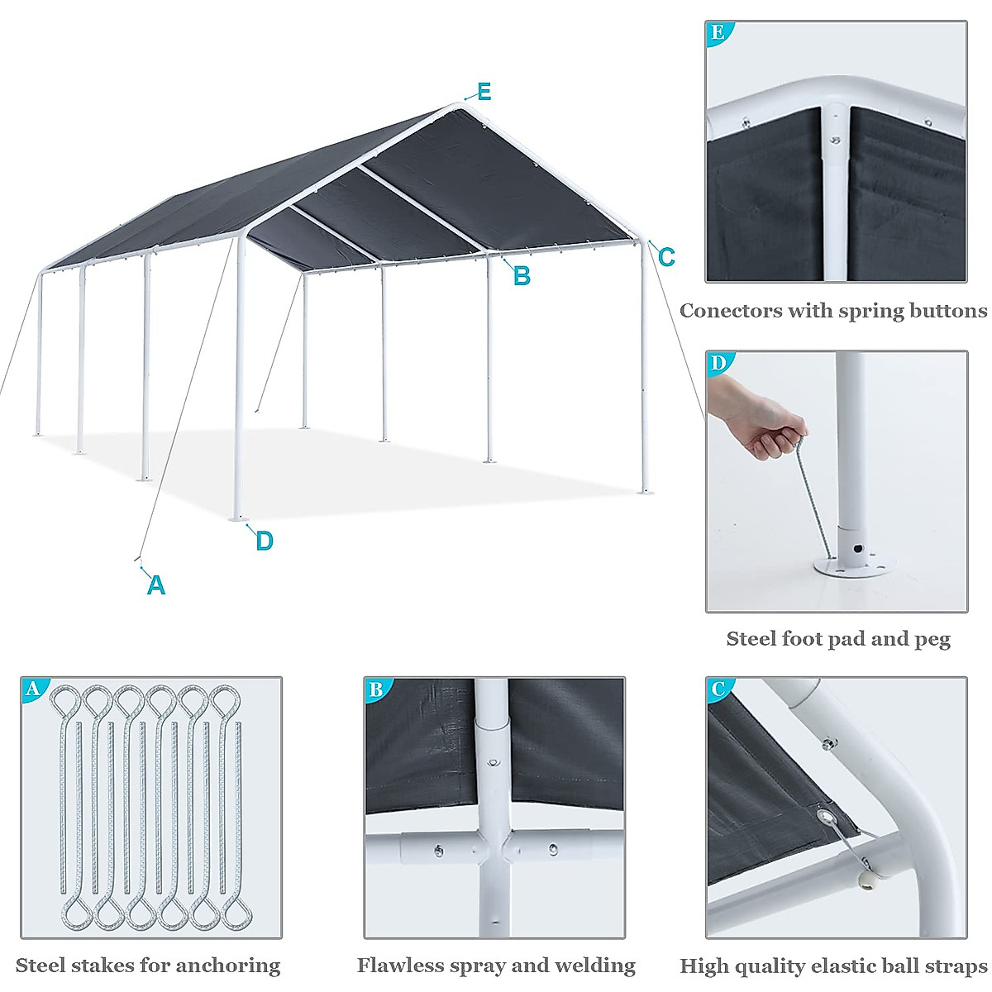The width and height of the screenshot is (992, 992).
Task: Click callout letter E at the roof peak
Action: coord(484,92)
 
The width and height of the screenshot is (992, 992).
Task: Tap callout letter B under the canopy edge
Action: coord(522,276)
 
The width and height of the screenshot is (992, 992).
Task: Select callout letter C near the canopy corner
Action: coord(666,257)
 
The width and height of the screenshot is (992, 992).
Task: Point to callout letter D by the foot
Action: coord(264,541)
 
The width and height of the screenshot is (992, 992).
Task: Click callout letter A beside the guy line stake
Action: coord(155,585)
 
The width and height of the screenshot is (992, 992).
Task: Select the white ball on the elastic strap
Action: coord(866,885)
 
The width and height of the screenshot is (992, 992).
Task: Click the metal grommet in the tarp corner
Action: coord(827,819)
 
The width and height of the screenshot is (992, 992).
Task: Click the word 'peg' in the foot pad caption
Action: coord(932,639)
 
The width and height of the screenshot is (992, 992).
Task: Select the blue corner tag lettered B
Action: coord(376,689)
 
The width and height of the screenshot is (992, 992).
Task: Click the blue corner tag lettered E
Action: coord(718,32)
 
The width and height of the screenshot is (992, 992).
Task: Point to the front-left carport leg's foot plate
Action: coord(239,518)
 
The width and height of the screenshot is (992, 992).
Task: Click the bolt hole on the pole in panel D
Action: coord(860,548)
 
